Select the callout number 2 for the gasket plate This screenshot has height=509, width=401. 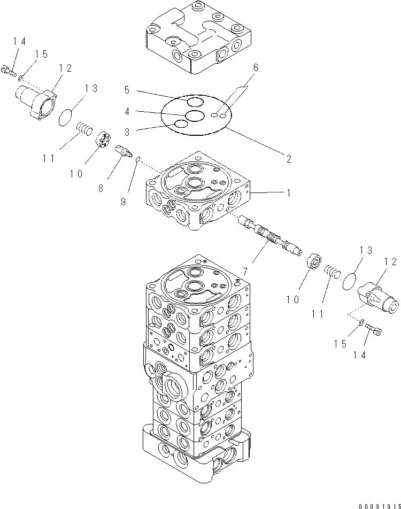(x=288, y=159)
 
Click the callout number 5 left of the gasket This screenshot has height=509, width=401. (x=126, y=90)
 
